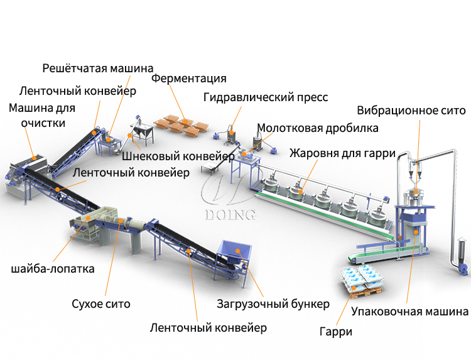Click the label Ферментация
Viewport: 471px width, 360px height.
(x=188, y=79)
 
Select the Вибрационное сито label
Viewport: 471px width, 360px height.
(x=411, y=111)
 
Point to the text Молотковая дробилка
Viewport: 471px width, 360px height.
(x=318, y=128)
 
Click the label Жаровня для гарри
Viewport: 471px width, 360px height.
(x=342, y=153)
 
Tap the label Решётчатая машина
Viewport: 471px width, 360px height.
(x=98, y=68)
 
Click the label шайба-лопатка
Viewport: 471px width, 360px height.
(x=53, y=269)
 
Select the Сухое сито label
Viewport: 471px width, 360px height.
(x=101, y=304)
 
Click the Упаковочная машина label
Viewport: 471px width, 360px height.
(x=409, y=311)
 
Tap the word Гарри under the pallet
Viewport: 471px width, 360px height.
(x=335, y=331)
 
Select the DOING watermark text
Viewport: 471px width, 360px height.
(x=230, y=215)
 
